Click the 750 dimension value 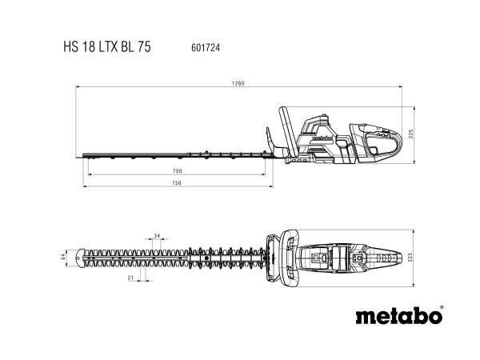177,183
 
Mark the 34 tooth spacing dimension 157,235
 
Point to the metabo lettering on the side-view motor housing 319,137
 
